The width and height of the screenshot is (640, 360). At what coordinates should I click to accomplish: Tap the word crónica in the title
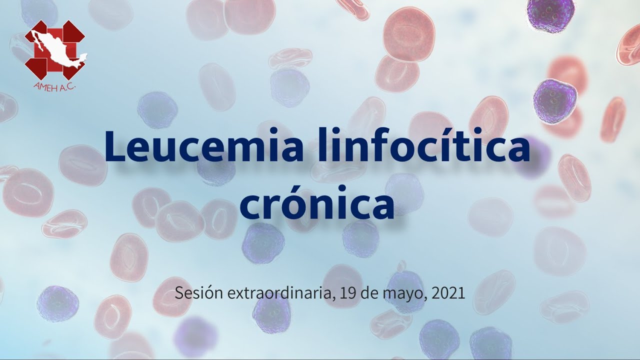[317, 202]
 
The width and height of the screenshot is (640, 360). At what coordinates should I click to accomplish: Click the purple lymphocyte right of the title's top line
[554, 102]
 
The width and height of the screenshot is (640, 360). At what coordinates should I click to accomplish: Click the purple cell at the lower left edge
[58, 303]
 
